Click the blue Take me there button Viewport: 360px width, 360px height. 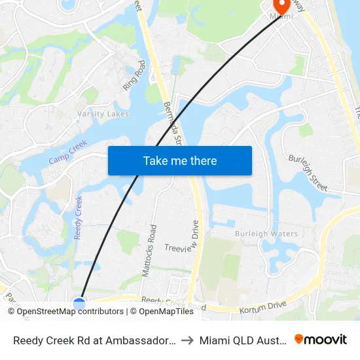(x=179, y=160)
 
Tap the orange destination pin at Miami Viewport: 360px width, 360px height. (x=282, y=5)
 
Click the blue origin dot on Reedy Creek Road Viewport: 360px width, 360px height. (x=79, y=303)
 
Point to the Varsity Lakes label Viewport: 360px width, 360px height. (x=103, y=114)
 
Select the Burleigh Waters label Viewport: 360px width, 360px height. (x=266, y=234)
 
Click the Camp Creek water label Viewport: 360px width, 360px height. (x=68, y=153)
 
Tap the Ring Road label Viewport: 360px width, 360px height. (x=134, y=75)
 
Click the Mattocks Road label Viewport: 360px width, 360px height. (x=149, y=250)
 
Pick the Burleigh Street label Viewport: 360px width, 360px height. (x=308, y=173)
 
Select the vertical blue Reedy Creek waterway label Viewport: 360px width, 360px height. (x=79, y=217)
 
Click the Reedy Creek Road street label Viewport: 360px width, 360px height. (x=173, y=303)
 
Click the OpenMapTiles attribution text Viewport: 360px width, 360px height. (x=162, y=312)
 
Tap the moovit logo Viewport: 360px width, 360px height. (x=321, y=340)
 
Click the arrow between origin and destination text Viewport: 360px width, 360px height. (x=187, y=340)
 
